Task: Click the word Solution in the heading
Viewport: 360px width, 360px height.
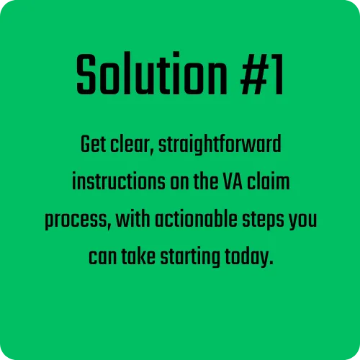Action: click(152, 73)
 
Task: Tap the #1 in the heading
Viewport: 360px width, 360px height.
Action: click(262, 74)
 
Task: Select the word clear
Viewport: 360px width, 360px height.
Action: click(132, 145)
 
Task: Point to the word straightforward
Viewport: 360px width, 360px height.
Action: click(220, 145)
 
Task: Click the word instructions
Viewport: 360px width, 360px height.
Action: click(119, 181)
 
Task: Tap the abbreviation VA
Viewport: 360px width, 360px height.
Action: click(233, 181)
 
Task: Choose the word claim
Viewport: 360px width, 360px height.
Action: click(269, 181)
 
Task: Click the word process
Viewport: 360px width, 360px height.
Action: click(78, 220)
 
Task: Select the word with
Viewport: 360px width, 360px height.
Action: click(133, 219)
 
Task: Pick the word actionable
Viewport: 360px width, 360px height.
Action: click(196, 219)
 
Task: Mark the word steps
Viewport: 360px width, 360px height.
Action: click(263, 220)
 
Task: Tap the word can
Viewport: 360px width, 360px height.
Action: click(102, 258)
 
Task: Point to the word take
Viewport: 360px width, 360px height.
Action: click(138, 256)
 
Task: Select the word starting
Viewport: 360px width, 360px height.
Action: click(190, 258)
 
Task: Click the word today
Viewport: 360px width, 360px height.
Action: click(249, 258)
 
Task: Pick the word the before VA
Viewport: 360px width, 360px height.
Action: click(206, 181)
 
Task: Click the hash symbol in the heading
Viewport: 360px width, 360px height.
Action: click(254, 74)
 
